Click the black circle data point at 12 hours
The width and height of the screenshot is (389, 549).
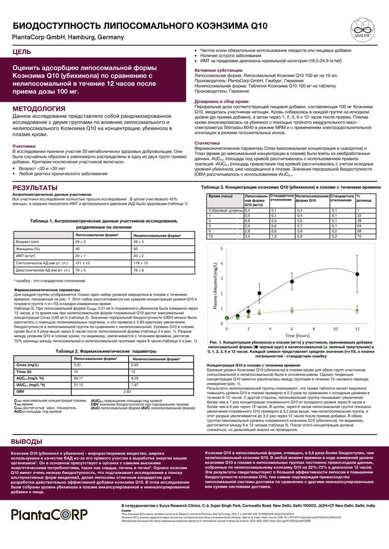pyautogui.click(x=357, y=274)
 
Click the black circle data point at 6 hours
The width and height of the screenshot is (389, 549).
pyautogui.click(x=292, y=281)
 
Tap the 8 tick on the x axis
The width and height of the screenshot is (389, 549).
pyautogui.click(x=313, y=328)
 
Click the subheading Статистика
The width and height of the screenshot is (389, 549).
pyautogui.click(x=206, y=143)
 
